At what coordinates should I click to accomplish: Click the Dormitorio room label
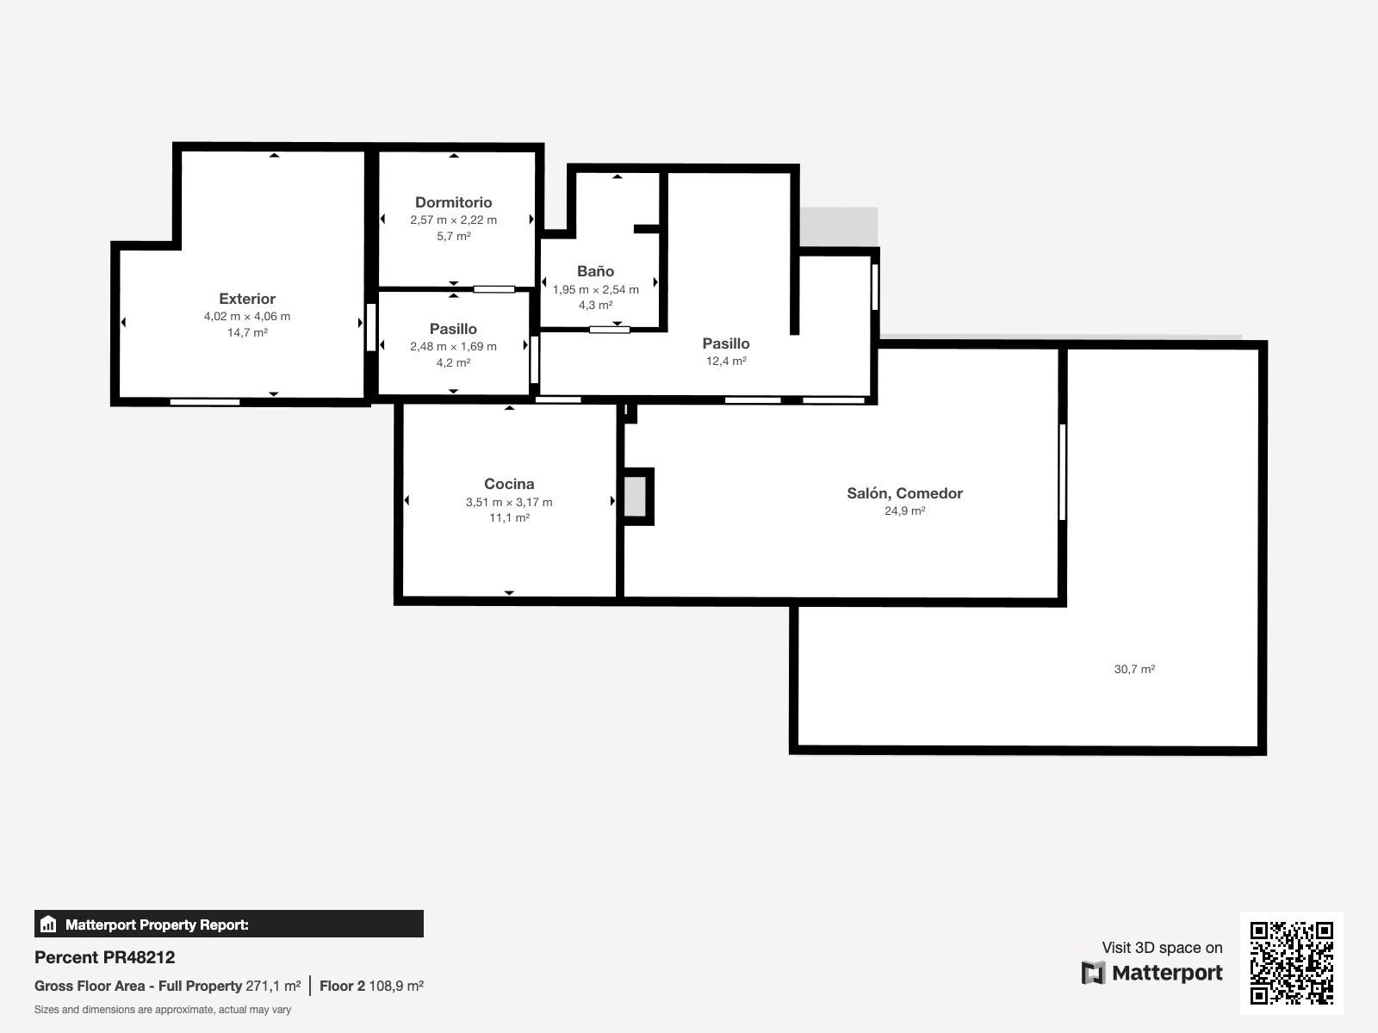(453, 202)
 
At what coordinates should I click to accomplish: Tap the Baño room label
(595, 271)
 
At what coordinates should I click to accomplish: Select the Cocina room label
(509, 484)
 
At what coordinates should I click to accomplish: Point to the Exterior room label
(246, 299)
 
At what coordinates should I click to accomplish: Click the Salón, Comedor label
(904, 493)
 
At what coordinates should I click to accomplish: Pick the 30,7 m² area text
(1134, 669)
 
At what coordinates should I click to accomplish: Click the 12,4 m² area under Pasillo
(726, 361)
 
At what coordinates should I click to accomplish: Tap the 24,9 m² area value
(904, 510)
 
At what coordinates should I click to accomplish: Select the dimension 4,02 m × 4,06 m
(246, 316)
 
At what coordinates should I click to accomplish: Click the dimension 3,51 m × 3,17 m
(509, 502)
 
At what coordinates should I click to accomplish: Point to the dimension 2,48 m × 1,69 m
(453, 346)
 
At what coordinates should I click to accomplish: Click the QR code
(1291, 962)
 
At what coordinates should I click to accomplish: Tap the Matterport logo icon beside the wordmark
(1093, 973)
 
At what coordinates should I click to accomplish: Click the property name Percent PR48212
(105, 957)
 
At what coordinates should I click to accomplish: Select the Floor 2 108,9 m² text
(372, 986)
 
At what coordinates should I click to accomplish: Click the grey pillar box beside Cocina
(636, 497)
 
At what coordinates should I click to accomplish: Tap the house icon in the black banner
(48, 924)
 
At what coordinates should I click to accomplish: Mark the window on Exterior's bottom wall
(205, 402)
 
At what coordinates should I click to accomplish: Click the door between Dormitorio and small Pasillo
(494, 289)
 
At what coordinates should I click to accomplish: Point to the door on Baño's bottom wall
(610, 330)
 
